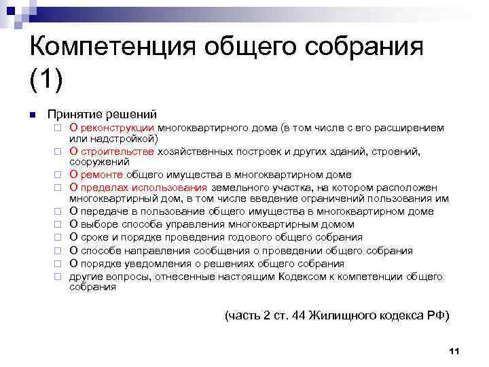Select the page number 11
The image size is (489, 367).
coord(455,351)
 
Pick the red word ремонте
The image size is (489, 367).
coord(103,175)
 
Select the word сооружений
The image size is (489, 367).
coord(99,162)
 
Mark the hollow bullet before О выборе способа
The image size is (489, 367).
coord(58,224)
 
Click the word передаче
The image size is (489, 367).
coord(103,212)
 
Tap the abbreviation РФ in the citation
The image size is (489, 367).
coord(437,315)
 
